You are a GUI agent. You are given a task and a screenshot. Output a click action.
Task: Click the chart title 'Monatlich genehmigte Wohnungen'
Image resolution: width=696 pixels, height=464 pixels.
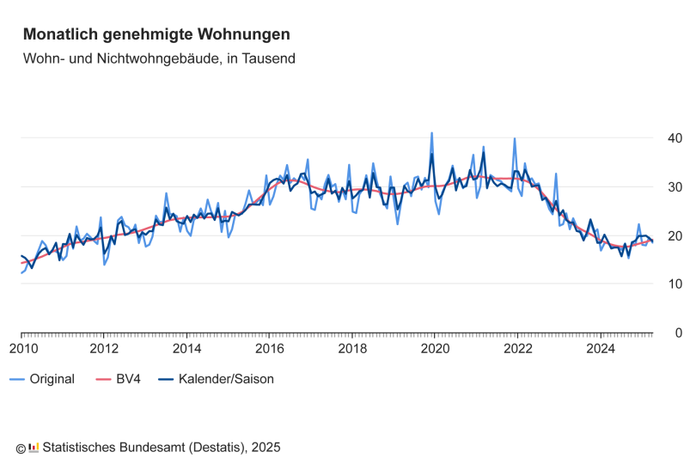(156, 34)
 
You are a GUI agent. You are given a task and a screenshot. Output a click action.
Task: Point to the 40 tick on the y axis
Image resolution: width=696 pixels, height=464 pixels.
(675, 138)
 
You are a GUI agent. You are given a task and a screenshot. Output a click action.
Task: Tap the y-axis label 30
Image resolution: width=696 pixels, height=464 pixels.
(675, 187)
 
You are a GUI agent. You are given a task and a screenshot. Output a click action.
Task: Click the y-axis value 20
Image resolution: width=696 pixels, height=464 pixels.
(675, 236)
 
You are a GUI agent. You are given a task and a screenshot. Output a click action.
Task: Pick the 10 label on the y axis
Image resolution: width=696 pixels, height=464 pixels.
(675, 284)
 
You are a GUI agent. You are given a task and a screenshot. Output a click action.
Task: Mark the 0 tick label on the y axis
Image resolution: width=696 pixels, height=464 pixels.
(679, 333)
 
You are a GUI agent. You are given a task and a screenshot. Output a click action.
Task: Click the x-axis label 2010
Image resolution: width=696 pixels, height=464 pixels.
(23, 349)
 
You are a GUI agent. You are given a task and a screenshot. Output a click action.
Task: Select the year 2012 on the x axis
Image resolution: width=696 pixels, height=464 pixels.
(104, 349)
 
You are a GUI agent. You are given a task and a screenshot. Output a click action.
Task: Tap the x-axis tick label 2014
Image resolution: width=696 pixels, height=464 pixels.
(186, 349)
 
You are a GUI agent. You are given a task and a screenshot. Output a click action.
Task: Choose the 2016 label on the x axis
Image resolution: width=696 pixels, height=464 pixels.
(269, 349)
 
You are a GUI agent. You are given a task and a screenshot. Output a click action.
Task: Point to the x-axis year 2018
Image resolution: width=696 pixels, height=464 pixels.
(351, 349)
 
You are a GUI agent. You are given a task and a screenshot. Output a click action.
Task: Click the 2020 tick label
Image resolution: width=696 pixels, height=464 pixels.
(435, 349)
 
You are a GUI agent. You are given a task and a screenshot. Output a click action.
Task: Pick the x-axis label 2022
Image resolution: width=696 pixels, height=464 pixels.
(517, 349)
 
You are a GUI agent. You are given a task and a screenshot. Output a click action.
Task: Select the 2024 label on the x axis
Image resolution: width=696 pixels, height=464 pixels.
(600, 349)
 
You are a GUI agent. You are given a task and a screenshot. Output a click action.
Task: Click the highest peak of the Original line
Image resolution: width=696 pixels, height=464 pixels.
(431, 133)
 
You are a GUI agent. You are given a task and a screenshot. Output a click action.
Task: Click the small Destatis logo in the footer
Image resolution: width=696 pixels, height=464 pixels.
(34, 447)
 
